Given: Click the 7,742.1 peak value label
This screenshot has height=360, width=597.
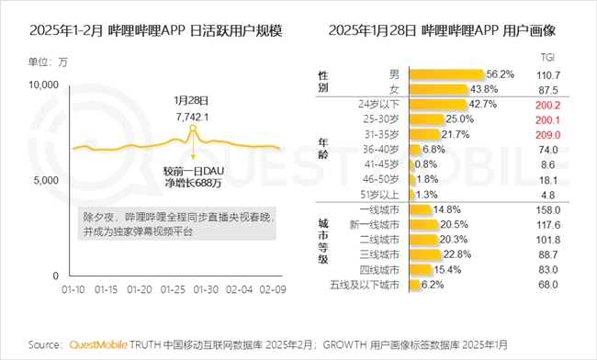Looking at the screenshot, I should (194, 117).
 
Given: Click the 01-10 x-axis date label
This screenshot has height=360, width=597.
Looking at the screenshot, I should (73, 290).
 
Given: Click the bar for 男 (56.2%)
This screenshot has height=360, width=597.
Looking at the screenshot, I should (445, 73).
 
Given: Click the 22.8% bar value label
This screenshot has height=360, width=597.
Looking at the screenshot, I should (456, 254).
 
